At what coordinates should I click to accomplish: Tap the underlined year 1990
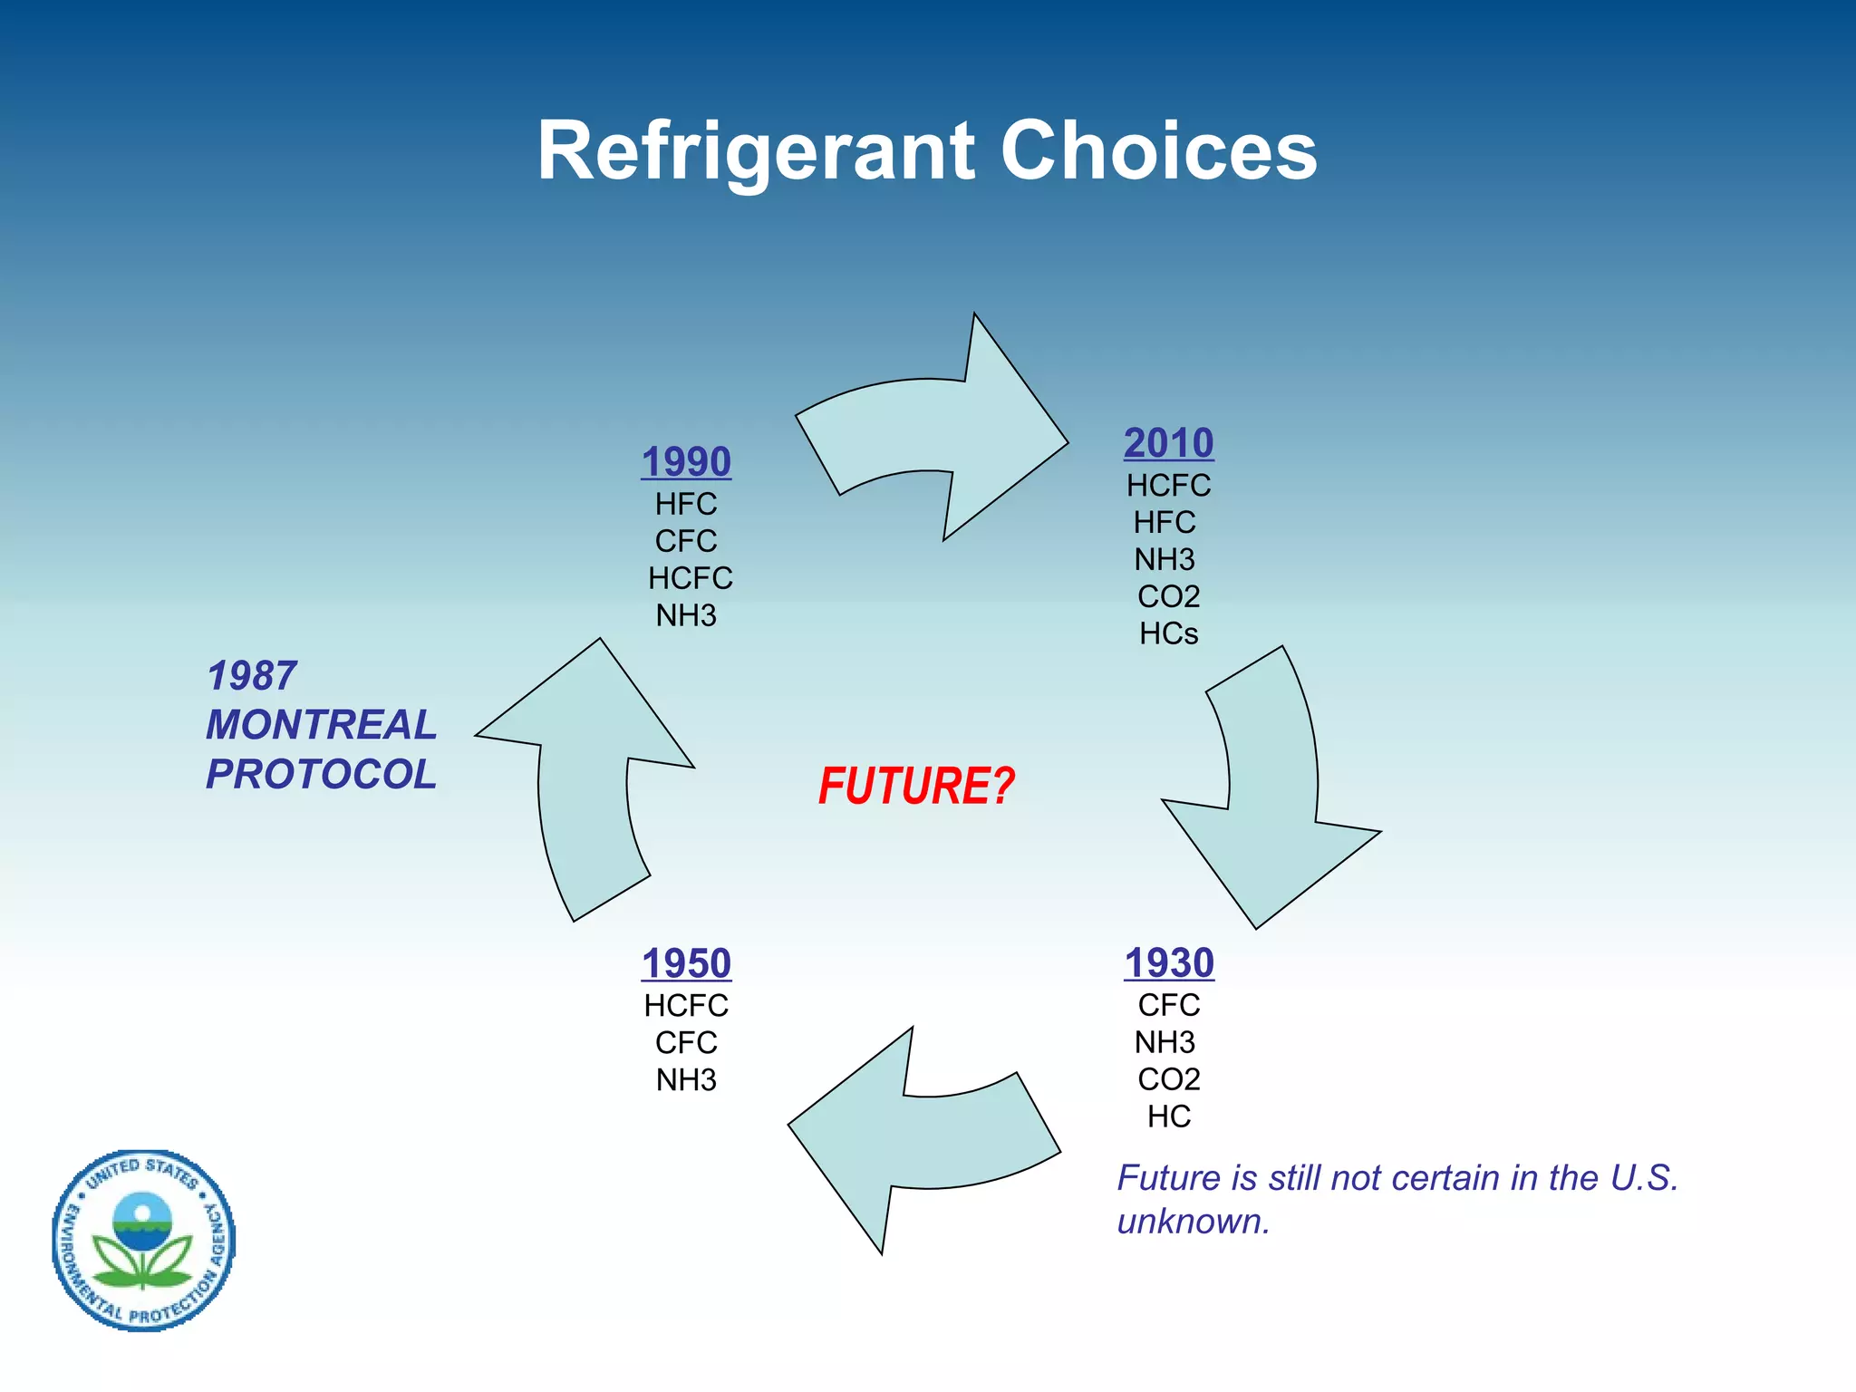click(686, 462)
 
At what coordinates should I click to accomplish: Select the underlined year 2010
click(1168, 443)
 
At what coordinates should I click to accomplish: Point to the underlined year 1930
click(1168, 963)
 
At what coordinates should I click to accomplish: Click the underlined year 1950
click(686, 963)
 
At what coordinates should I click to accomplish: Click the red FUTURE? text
click(915, 786)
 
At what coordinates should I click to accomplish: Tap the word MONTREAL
click(321, 725)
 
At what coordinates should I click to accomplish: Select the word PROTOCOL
click(321, 774)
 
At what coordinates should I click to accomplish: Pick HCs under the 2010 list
click(1168, 633)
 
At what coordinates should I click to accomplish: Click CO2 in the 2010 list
click(1168, 596)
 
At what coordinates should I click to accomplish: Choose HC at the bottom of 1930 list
click(1168, 1116)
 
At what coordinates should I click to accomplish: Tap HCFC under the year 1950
click(686, 1006)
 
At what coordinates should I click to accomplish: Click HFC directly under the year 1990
click(686, 504)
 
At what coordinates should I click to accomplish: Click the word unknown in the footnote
click(1193, 1223)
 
